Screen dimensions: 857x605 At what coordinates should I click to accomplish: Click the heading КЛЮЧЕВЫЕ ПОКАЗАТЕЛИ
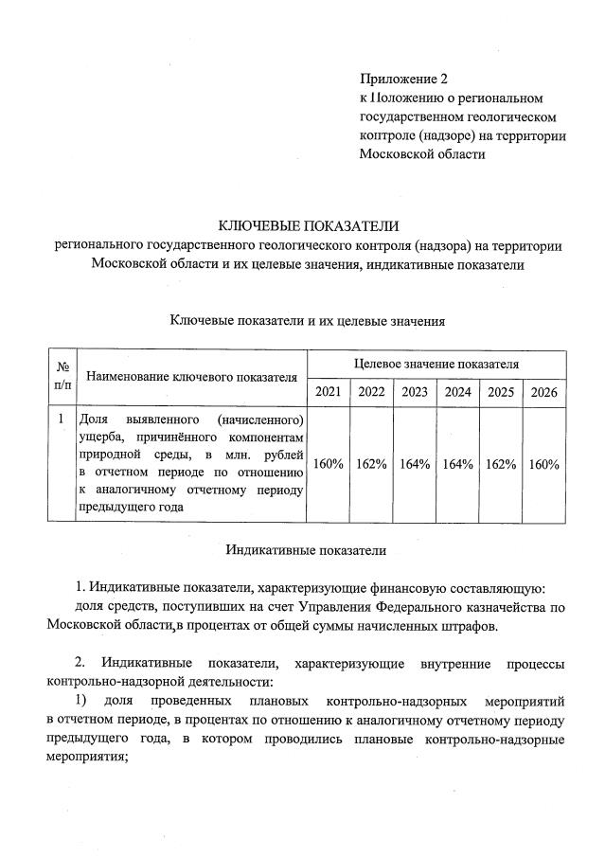(309, 225)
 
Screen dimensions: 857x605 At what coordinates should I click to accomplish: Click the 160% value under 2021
(328, 464)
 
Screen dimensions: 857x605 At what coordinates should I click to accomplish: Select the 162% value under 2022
(370, 464)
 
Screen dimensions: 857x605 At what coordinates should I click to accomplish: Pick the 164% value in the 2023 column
(414, 464)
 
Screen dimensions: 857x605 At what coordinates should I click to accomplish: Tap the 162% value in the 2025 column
(500, 464)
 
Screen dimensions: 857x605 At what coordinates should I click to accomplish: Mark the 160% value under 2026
(543, 464)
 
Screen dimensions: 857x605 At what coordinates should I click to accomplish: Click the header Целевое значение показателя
(436, 364)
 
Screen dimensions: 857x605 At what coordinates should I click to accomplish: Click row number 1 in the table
(62, 419)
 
